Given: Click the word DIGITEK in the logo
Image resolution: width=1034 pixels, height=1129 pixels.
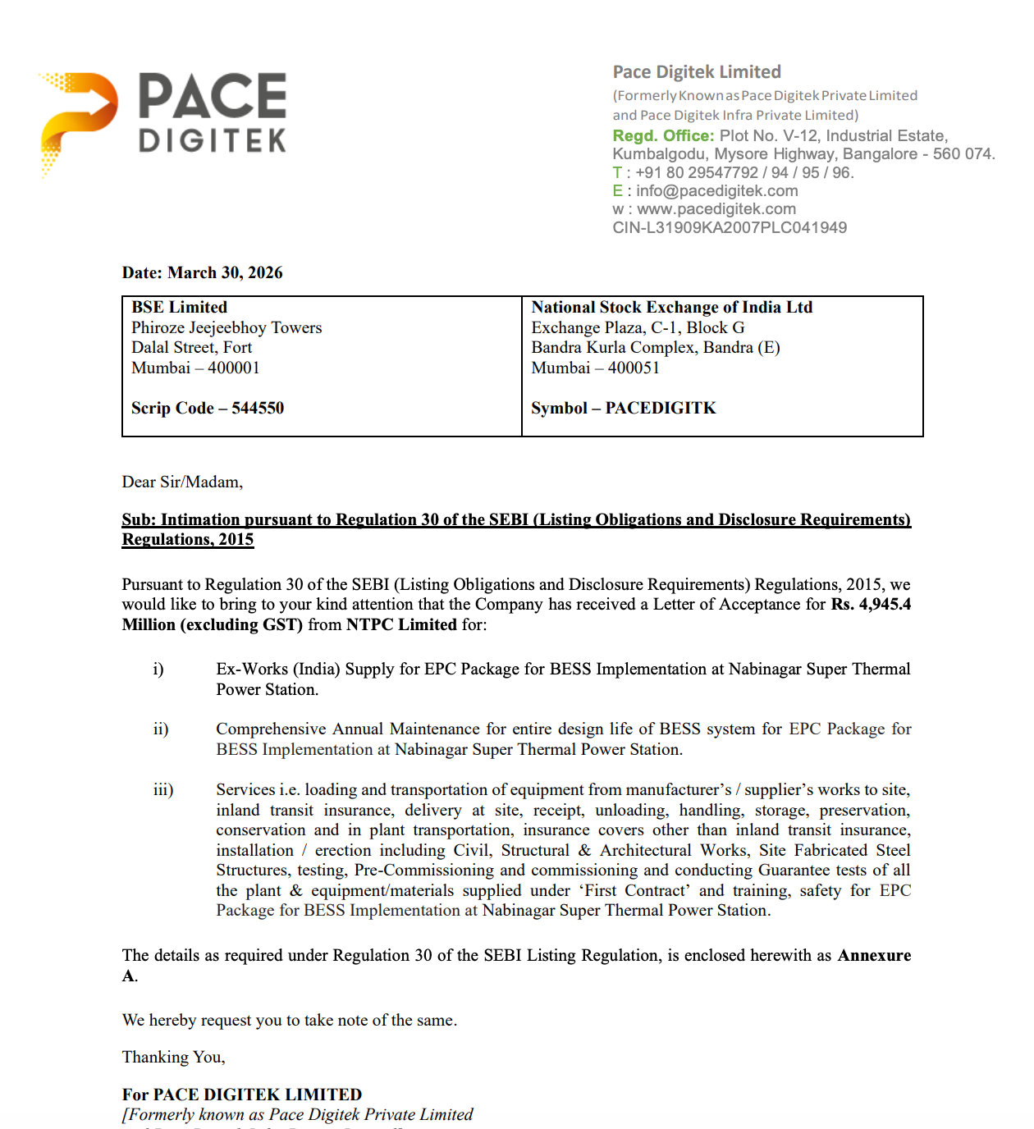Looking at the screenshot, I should (x=213, y=141).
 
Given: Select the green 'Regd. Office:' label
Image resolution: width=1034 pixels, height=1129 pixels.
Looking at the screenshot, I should (x=663, y=136).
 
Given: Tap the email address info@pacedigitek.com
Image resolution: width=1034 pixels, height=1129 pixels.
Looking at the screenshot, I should (x=716, y=191).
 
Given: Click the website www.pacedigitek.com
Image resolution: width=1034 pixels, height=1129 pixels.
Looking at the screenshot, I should (x=716, y=209).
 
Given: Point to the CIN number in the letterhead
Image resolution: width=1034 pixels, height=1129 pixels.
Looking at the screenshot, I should (x=730, y=228).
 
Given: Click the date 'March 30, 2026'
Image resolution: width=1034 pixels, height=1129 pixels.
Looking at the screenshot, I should (x=225, y=272).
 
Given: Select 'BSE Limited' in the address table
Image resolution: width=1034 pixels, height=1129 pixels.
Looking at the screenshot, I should (x=179, y=307).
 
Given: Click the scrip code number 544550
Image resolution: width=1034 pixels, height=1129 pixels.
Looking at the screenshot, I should (x=258, y=408).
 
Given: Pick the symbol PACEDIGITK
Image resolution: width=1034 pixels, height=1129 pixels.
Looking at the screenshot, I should (x=661, y=408).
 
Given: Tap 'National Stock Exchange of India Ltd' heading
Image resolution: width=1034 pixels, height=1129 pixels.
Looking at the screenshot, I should (x=671, y=307).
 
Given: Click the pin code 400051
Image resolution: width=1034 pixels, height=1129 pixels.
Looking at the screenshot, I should (x=634, y=368).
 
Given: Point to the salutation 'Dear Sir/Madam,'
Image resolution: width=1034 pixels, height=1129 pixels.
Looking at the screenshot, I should (x=182, y=482).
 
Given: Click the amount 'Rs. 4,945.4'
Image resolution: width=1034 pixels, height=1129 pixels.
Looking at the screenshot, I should (x=871, y=605).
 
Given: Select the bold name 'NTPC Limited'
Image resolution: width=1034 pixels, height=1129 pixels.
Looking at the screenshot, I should (x=401, y=624).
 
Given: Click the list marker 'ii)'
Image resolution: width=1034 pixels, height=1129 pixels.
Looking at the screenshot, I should (x=161, y=729).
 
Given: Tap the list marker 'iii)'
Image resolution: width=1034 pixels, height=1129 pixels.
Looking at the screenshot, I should (x=163, y=789).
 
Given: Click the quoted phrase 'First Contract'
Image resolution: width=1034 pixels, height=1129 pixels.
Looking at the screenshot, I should (x=634, y=890).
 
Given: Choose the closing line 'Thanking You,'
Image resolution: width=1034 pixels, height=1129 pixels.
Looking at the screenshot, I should (x=173, y=1057).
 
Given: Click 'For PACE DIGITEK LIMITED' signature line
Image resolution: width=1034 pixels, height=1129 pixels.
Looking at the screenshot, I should (x=242, y=1095).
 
